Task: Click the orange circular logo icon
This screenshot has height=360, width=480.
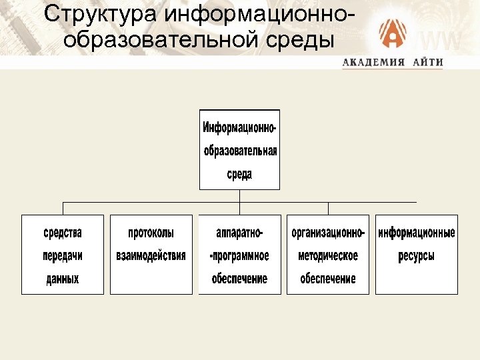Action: coord(393,34)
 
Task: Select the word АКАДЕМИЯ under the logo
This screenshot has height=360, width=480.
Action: coord(374,63)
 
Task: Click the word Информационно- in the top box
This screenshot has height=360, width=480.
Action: coord(239,127)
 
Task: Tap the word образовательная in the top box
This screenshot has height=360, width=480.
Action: coord(240,150)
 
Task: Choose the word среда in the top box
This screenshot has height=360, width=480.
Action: coord(239,174)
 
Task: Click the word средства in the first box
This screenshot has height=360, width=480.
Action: coord(63,233)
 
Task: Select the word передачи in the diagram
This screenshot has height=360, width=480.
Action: coord(63,255)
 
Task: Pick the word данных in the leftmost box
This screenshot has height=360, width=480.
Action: coord(63,279)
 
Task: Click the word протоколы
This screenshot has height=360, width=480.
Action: coord(151,233)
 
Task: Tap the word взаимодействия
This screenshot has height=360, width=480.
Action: coord(151,255)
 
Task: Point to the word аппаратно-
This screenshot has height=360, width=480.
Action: coord(239,233)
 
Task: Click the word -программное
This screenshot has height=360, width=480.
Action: coord(239,255)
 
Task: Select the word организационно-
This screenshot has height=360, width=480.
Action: coord(328,233)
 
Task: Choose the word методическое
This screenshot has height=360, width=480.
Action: coord(328,255)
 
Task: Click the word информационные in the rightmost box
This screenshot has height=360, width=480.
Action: coord(417,233)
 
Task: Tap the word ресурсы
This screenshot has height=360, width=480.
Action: coord(417,255)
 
